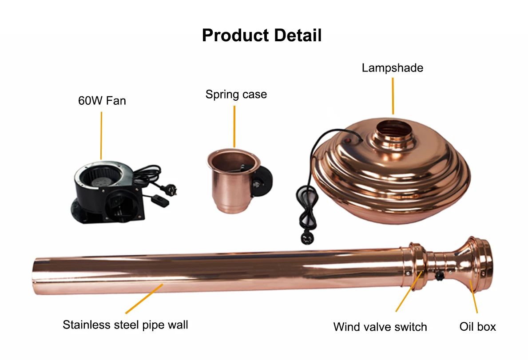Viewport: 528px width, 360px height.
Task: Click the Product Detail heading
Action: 262,35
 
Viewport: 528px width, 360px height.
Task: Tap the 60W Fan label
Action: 102,101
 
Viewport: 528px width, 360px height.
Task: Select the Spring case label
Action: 236,94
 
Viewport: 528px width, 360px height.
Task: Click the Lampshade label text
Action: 392,68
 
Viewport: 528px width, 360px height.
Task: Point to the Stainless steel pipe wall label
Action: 125,324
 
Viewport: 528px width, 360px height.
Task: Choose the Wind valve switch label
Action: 380,327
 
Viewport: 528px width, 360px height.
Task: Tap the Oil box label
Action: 477,327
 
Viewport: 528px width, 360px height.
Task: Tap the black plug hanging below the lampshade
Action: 306,238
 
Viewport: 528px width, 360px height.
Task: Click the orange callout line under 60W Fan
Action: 101,135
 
